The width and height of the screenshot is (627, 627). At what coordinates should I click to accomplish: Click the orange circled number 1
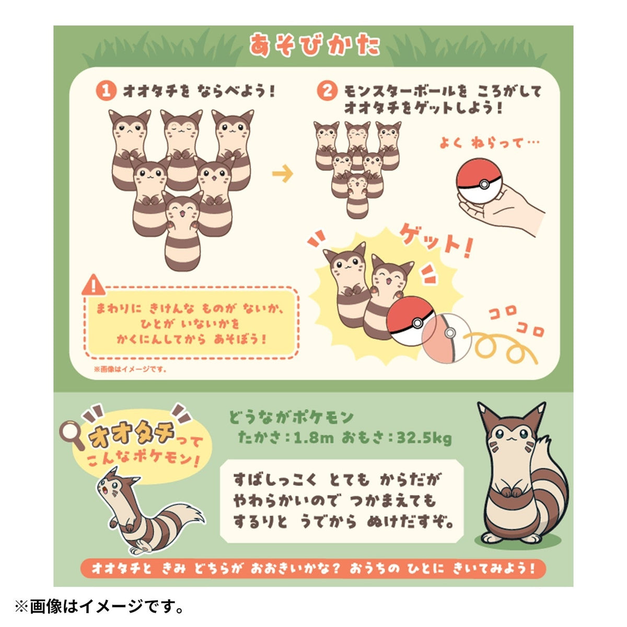click(x=106, y=91)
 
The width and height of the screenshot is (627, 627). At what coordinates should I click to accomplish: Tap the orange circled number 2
click(x=327, y=91)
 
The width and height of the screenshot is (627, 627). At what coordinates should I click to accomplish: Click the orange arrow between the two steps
click(x=283, y=174)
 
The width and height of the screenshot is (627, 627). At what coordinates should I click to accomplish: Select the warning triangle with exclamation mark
click(x=94, y=285)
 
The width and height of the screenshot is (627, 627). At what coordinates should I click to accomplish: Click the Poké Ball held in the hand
click(x=479, y=181)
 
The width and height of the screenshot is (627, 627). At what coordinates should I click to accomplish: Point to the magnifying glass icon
click(x=72, y=435)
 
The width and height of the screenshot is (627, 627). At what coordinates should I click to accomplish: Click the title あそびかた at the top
click(x=315, y=45)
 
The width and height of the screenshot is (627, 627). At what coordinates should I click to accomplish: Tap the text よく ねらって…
click(x=489, y=143)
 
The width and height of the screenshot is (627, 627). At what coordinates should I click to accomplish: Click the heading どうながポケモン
click(x=291, y=417)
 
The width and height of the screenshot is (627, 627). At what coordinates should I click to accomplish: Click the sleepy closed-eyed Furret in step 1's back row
click(x=181, y=149)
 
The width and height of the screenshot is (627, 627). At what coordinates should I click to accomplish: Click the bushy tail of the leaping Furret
click(x=189, y=517)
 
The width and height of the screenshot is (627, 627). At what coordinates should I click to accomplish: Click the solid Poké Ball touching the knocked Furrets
click(x=411, y=321)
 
